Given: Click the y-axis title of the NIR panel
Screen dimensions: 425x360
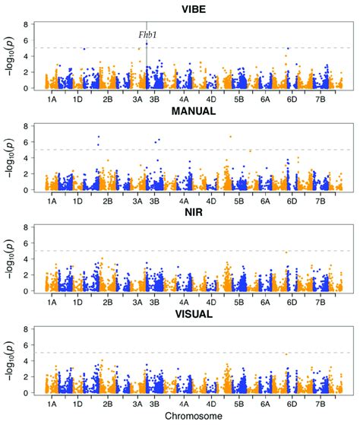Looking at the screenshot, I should coord(11,259).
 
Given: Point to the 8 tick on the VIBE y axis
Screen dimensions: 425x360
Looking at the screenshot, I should coord(27,24).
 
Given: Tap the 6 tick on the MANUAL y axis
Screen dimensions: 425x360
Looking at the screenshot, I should coord(27,142).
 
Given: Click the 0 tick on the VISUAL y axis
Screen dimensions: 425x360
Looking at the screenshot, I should coord(27,393).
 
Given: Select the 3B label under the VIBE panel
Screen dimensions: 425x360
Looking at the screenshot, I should coord(154,99).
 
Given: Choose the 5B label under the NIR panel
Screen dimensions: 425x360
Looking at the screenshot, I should coord(239,303).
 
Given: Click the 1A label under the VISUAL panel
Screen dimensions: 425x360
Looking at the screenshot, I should coord(52,404).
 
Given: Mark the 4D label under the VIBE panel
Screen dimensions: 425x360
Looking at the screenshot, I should coord(210,99).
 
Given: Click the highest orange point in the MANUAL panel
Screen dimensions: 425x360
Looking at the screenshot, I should coord(230,137).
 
